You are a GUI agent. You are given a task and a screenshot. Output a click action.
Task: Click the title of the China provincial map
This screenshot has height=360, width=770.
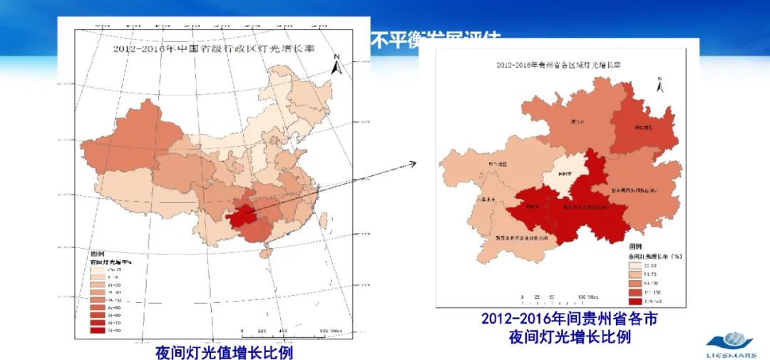[x=214, y=49]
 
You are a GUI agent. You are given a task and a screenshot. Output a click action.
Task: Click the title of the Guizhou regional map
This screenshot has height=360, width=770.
[x=558, y=64]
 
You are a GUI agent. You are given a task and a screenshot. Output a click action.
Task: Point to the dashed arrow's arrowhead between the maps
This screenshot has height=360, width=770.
[x=413, y=164]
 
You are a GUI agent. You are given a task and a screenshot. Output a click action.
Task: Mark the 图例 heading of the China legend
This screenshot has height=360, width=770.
[x=98, y=254]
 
